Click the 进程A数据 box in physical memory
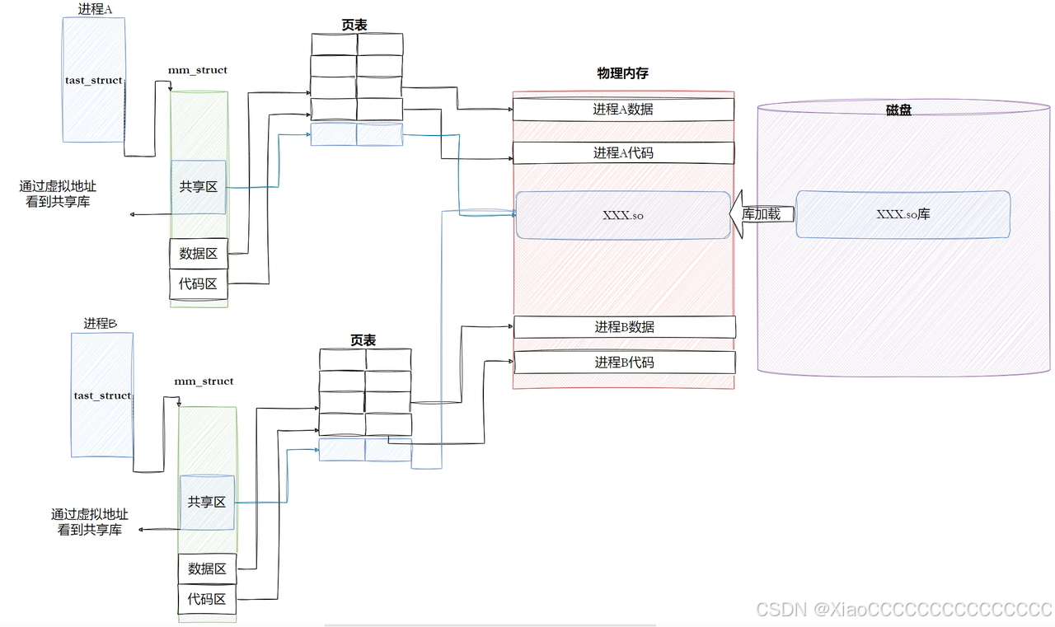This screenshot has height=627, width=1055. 623,109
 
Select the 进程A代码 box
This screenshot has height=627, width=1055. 623,152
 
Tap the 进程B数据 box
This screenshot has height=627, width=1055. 624,327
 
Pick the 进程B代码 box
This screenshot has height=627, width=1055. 624,362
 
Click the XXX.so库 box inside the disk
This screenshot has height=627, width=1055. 903,214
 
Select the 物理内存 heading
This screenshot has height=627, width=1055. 622,73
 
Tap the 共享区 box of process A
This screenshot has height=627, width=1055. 199,187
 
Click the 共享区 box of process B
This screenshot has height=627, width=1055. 207,502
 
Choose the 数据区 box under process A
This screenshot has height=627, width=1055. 198,254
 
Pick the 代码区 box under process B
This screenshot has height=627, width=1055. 207,599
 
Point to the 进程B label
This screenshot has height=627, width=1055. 101,324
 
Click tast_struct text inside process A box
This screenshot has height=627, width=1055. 94,81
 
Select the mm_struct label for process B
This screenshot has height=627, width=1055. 204,381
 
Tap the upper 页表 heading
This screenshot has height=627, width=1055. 354,25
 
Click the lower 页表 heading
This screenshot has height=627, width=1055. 363,339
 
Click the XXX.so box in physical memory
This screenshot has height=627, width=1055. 623,215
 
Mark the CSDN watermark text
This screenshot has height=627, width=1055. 904,610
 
